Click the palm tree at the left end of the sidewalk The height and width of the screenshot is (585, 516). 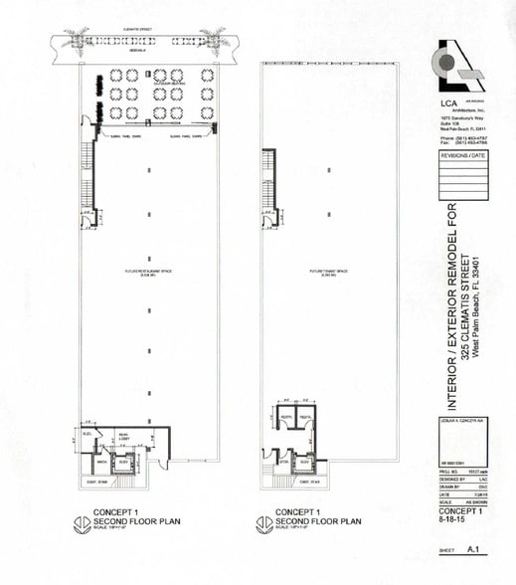point(77,40)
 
